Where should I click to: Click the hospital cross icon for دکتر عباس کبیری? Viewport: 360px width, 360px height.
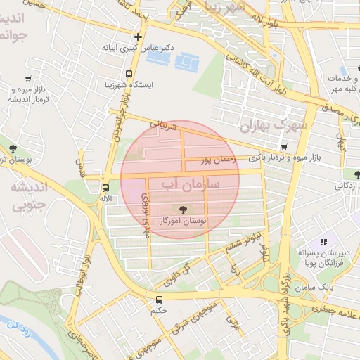138,37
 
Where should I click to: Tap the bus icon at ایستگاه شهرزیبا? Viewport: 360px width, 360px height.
129,73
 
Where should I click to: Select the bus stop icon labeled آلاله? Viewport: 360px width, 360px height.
105,188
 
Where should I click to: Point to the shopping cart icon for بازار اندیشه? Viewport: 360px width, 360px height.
27,79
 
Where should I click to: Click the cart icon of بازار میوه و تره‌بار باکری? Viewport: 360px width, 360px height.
283,147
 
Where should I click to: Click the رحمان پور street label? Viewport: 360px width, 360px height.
215,161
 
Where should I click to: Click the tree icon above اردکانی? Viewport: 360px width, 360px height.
358,174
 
